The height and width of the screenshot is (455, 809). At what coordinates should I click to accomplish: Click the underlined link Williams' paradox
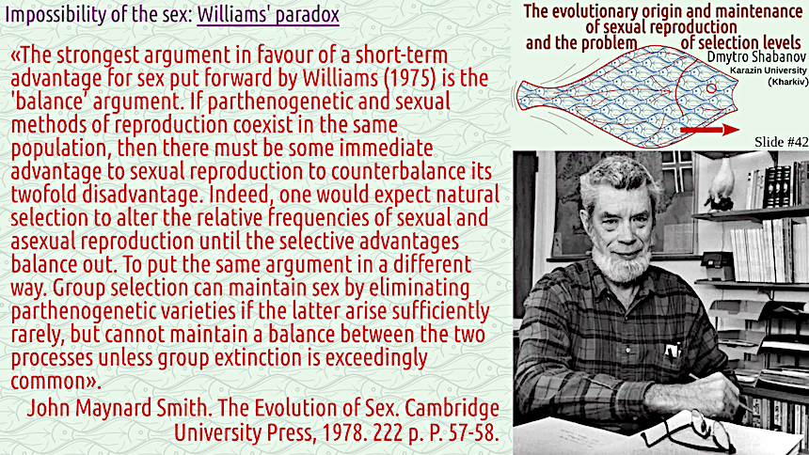(268, 14)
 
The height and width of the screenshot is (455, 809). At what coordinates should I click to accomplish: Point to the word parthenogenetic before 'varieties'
(84, 311)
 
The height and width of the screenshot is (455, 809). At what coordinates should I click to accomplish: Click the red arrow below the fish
(710, 130)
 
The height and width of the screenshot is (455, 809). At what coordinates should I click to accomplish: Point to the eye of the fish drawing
(711, 88)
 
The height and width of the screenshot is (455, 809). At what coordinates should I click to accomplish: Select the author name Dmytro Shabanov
(754, 55)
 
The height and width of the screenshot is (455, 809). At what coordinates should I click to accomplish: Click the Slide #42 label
(781, 142)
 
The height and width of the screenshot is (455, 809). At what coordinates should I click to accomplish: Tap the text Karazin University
(769, 71)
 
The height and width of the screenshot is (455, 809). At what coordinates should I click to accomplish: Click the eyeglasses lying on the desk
(686, 431)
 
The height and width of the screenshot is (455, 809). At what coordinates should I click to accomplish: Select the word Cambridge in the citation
(452, 408)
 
